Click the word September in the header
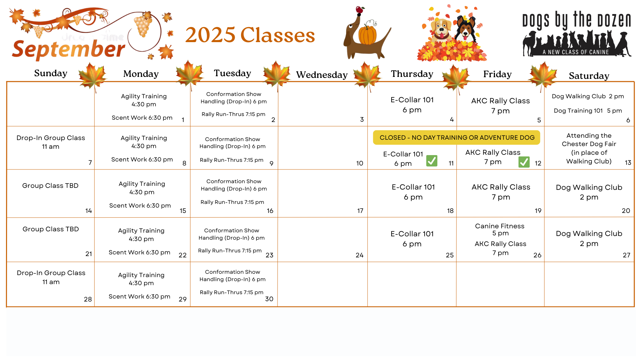pos(69,49)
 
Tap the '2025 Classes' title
pos(250,35)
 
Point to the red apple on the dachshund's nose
pos(360,10)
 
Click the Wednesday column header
pos(322,75)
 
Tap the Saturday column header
pos(589,76)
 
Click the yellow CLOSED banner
pos(457,137)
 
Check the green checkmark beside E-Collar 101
pos(432,161)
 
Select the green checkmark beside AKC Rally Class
pos(524,162)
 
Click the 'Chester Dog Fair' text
pos(589,144)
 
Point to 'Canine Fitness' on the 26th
pos(500,226)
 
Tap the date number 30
pos(269,299)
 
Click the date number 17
pos(360,211)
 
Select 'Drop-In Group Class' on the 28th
pos(51,273)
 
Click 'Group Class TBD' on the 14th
pos(50,186)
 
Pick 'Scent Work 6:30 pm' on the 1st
pos(142,118)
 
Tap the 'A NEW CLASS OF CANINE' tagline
pos(576,52)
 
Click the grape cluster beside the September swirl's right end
pos(143,26)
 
